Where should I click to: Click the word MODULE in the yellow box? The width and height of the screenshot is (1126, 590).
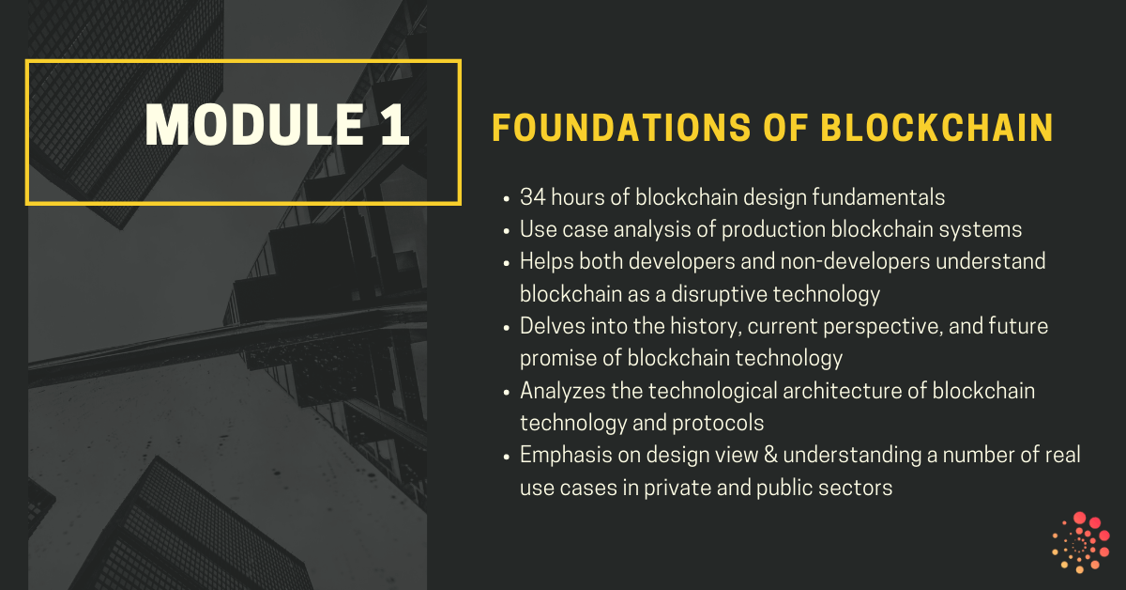click(x=254, y=125)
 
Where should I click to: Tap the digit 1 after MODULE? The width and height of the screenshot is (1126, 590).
click(x=395, y=125)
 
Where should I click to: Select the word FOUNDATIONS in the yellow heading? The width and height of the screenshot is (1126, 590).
click(x=621, y=128)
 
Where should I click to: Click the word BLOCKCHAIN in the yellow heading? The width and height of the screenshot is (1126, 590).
click(x=937, y=128)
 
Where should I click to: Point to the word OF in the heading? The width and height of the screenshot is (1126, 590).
click(x=785, y=128)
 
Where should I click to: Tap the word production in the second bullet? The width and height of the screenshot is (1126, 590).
click(x=773, y=230)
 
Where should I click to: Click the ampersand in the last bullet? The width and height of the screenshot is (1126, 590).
click(x=770, y=455)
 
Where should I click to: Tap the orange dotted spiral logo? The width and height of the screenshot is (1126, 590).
click(x=1081, y=543)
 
